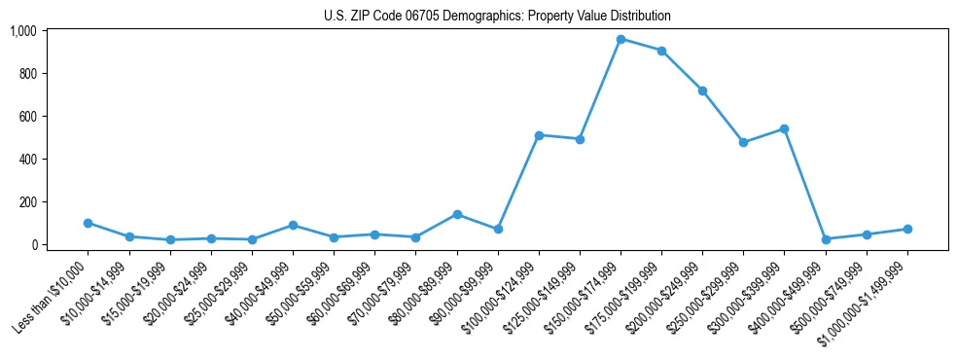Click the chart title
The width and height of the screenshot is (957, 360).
497,17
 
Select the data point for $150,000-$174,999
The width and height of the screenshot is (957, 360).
620,39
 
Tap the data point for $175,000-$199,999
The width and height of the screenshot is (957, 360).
661,51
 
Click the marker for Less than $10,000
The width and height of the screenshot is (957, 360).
89,223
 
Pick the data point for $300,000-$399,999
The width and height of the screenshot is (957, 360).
784,128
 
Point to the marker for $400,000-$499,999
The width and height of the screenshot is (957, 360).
826,239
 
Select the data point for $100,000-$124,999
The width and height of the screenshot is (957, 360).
539,135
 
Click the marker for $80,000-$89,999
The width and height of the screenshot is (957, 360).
457,214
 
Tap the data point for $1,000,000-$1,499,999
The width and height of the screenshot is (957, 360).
907,229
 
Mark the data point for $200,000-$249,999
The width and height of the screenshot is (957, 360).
702,90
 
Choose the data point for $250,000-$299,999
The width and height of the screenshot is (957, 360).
743,142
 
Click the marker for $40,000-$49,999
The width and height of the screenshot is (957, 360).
293,225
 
